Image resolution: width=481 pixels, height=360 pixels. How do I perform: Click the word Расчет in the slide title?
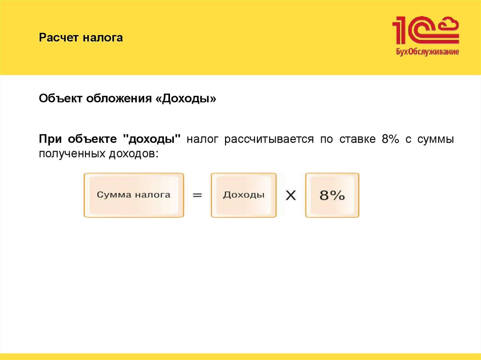pyautogui.click(x=59, y=38)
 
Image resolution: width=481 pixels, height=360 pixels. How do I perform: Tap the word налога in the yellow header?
pyautogui.click(x=103, y=38)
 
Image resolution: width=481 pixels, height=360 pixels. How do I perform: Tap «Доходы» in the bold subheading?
pyautogui.click(x=186, y=99)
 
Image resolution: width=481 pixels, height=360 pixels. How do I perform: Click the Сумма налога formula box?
pyautogui.click(x=134, y=195)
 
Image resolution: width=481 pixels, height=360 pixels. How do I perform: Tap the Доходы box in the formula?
pyautogui.click(x=243, y=195)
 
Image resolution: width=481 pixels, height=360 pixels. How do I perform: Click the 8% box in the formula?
pyautogui.click(x=332, y=195)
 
